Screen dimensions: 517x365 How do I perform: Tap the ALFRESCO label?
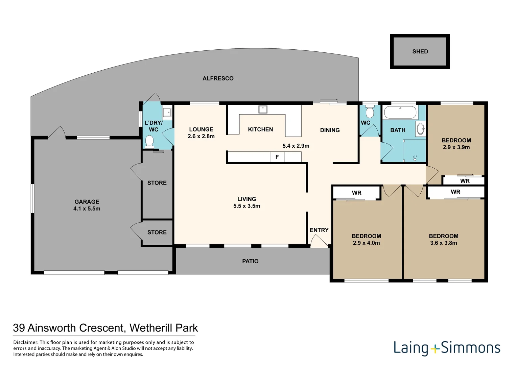tap(218, 78)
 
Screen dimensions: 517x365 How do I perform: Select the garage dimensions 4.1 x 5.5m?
tap(87, 209)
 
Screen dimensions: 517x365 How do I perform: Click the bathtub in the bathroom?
tap(400, 112)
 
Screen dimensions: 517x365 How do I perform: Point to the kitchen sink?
tap(263, 109)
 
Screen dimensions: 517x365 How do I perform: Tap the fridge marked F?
tap(277, 157)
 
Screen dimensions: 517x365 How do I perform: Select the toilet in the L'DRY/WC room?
tap(149, 141)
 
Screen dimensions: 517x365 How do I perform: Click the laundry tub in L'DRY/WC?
tap(167, 112)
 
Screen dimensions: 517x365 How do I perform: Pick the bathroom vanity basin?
tap(421, 129)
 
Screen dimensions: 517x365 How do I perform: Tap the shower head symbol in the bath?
tap(415, 158)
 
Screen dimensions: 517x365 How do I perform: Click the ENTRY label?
tap(319, 230)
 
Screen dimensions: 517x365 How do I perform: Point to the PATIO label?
tap(250, 261)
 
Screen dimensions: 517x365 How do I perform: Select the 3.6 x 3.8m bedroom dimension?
tap(444, 243)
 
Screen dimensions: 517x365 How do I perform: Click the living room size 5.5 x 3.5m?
tap(247, 206)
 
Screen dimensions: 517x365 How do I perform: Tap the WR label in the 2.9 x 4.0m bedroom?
tap(357, 193)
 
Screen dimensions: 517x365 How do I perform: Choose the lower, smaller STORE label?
tap(157, 232)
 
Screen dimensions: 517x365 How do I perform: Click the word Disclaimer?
tap(25, 342)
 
